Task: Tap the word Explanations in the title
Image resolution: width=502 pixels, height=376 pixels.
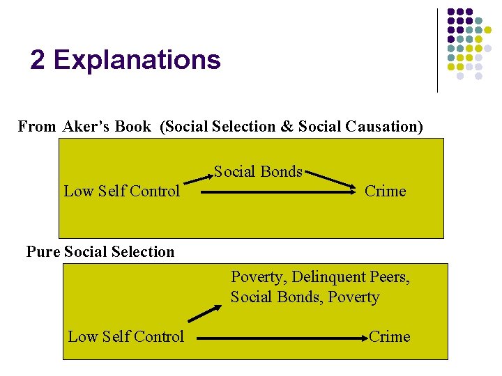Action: pyautogui.click(x=137, y=61)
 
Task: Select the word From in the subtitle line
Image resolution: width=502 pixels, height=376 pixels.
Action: pyautogui.click(x=37, y=127)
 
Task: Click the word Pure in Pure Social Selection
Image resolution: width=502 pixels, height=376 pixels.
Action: pyautogui.click(x=43, y=252)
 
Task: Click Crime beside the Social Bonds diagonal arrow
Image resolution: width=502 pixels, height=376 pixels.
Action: pyautogui.click(x=385, y=191)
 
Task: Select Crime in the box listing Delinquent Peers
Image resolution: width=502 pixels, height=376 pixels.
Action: pyautogui.click(x=389, y=337)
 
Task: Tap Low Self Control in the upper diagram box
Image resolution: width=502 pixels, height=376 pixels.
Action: pyautogui.click(x=122, y=191)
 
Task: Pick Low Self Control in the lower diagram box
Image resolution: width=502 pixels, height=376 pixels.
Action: pyautogui.click(x=126, y=337)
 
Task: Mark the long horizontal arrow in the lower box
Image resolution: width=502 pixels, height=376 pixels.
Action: pyautogui.click(x=282, y=338)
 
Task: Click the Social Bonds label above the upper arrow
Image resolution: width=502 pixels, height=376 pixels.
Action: pyautogui.click(x=258, y=171)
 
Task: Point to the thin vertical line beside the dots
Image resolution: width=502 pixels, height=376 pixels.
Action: pyautogui.click(x=437, y=50)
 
